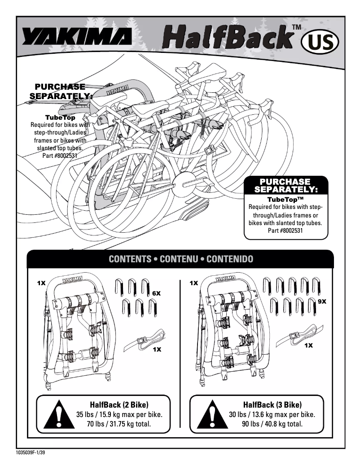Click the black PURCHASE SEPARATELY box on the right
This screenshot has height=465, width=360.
(x=285, y=186)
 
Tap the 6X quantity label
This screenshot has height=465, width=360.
(x=156, y=293)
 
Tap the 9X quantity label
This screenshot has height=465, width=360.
(x=322, y=302)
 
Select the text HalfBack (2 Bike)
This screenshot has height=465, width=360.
(x=119, y=404)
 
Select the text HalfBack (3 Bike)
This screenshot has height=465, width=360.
(x=272, y=404)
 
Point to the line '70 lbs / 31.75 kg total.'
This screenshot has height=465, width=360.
(x=119, y=424)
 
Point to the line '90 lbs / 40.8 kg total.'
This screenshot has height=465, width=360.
(x=272, y=424)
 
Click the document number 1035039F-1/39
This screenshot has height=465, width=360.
(x=26, y=452)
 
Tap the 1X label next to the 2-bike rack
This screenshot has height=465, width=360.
(x=41, y=283)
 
